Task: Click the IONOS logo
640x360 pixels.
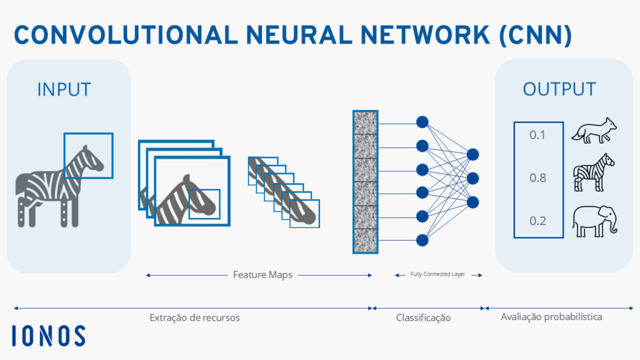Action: [x=49, y=336]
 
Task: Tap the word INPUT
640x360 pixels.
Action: [x=64, y=89]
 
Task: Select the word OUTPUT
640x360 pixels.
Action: [x=559, y=89]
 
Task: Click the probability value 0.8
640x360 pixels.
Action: [x=537, y=178]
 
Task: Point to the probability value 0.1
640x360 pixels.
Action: [x=537, y=135]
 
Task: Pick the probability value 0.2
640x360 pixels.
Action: [x=537, y=221]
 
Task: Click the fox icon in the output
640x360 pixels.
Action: [x=594, y=132]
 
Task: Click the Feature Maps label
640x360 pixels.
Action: [x=262, y=274]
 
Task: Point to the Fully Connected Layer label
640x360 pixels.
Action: [x=437, y=274]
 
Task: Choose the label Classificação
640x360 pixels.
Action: [x=423, y=317]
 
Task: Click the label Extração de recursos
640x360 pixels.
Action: [x=194, y=317]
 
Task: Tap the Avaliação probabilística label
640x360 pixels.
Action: [x=551, y=317]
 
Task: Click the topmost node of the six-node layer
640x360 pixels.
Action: [x=422, y=122]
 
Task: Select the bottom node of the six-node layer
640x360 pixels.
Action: [x=422, y=239]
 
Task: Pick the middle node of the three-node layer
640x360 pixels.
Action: [x=472, y=178]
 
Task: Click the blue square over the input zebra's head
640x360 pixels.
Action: [x=88, y=156]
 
